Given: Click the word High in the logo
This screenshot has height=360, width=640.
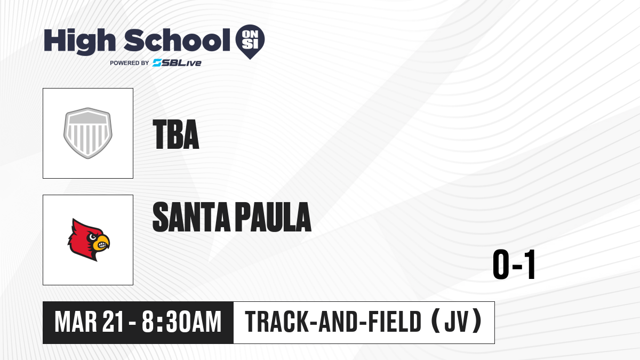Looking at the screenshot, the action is point(80,42).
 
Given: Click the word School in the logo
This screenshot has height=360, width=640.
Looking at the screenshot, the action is point(177,40).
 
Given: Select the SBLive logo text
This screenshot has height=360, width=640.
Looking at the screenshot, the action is point(177,63).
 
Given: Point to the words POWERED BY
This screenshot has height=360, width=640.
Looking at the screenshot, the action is point(130,63).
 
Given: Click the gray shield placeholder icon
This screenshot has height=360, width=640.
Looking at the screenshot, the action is point(88,133).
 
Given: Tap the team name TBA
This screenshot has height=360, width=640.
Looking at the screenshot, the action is point(176,134).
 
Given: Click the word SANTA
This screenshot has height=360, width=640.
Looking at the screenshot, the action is point(191,217).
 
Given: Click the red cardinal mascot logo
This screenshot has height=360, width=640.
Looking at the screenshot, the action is point(89,240).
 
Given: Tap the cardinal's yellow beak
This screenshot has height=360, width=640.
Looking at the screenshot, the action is point(103,243).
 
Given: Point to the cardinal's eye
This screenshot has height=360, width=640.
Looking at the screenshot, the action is point(93,237).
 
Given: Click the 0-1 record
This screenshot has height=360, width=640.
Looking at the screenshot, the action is point(514,265).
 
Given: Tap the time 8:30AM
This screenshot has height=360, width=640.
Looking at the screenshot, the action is point(182,322).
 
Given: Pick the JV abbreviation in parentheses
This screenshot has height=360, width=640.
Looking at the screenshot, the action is point(457,322).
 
